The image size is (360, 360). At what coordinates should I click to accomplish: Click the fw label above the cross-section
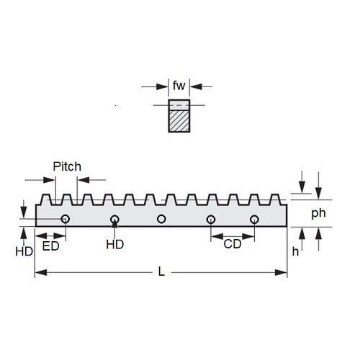click(179, 86)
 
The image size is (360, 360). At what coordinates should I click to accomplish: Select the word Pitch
click(67, 166)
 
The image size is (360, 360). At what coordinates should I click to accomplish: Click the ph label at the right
click(318, 213)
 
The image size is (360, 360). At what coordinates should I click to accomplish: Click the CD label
click(233, 244)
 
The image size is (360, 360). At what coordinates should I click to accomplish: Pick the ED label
click(51, 246)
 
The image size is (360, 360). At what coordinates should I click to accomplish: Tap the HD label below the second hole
click(115, 245)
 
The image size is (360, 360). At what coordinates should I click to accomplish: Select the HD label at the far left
click(24, 251)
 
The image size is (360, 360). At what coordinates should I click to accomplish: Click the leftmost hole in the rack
click(66, 218)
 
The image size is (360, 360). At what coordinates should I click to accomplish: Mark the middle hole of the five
click(161, 218)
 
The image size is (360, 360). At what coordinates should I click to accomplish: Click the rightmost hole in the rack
click(254, 218)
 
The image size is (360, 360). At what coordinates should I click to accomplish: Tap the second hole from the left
click(115, 218)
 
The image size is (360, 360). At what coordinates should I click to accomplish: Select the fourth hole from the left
click(210, 218)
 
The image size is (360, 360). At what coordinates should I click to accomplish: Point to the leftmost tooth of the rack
click(46, 199)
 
